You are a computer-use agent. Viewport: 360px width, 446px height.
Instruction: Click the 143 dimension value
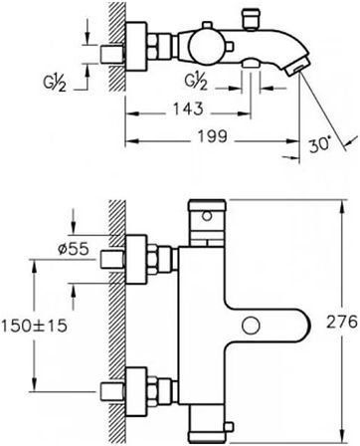click(188, 109)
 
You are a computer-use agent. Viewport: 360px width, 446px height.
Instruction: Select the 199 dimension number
click(213, 136)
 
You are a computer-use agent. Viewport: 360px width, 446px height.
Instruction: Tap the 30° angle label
click(320, 145)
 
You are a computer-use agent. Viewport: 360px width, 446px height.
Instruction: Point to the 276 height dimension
click(342, 322)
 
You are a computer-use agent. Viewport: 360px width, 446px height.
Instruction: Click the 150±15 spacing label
click(35, 326)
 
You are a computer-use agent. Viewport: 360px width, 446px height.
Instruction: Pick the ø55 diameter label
click(74, 249)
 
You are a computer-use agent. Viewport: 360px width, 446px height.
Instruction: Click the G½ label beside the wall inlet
click(55, 83)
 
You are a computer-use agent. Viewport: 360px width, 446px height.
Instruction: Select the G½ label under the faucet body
click(196, 82)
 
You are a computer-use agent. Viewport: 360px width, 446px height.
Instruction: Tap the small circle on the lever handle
click(251, 326)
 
